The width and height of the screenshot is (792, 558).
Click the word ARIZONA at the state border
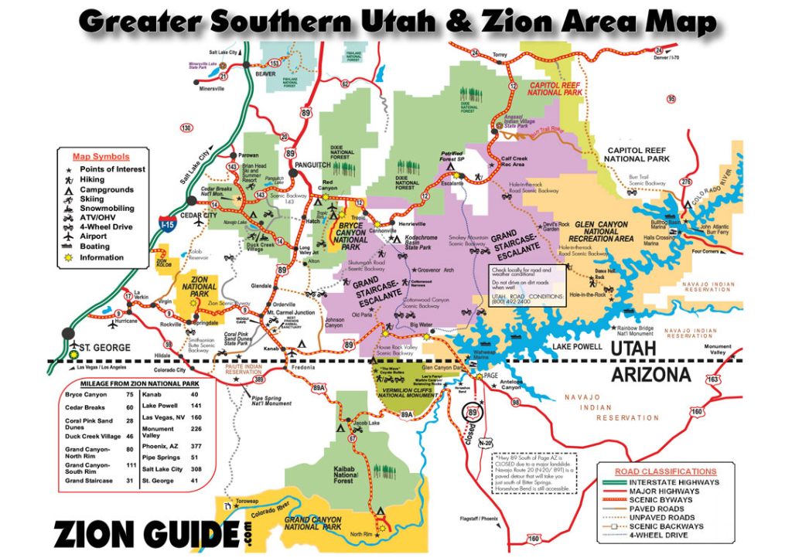(651, 376)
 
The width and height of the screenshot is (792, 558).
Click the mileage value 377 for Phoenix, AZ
(196, 446)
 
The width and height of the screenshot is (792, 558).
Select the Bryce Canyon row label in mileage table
(86, 394)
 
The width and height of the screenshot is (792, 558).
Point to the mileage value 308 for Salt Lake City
(196, 469)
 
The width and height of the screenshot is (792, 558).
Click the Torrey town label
(500, 56)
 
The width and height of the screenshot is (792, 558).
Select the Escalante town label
(452, 184)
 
